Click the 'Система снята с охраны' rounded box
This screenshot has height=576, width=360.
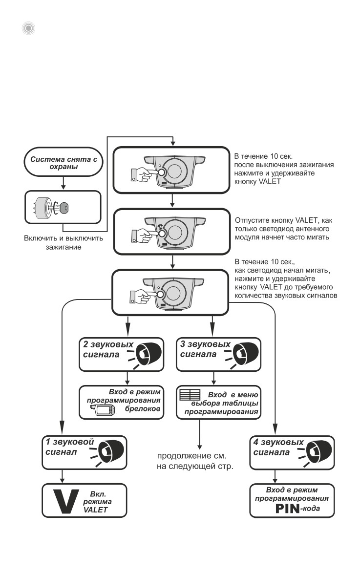pos(63,162)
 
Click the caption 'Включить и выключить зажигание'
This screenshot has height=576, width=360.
pos(64,242)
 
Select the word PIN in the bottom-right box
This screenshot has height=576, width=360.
pos(288,509)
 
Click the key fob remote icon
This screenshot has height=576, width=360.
pos(105,410)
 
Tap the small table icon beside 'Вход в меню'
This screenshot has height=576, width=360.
pos(190,395)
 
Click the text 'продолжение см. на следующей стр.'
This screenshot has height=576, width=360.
pos(195,461)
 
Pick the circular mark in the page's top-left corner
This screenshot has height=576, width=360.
pos(28,28)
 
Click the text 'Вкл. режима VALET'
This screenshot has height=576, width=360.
pos(96,502)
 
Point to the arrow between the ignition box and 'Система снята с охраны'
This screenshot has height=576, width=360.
pos(63,183)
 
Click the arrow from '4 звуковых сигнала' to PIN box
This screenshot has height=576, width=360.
pos(275,476)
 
